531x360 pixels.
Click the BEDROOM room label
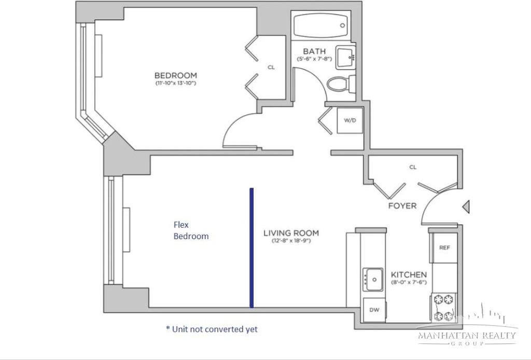pyautogui.click(x=176, y=75)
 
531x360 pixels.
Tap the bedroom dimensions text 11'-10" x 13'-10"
pyautogui.click(x=176, y=83)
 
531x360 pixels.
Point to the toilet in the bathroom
pyautogui.click(x=342, y=83)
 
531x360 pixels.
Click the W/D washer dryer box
pyautogui.click(x=350, y=120)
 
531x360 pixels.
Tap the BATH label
pyautogui.click(x=314, y=51)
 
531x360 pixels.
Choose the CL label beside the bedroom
pyautogui.click(x=271, y=67)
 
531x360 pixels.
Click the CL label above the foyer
pyautogui.click(x=413, y=167)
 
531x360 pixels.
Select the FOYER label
pyautogui.click(x=402, y=206)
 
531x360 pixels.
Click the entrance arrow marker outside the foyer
pyautogui.click(x=466, y=207)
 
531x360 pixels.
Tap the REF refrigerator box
pyautogui.click(x=444, y=248)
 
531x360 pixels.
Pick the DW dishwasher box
pyautogui.click(x=374, y=310)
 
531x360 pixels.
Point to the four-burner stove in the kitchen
pyautogui.click(x=444, y=307)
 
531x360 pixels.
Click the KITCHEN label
pyautogui.click(x=409, y=274)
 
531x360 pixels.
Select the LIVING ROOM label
pyautogui.click(x=290, y=233)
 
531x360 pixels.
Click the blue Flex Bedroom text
pyautogui.click(x=191, y=230)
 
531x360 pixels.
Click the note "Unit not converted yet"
pyautogui.click(x=212, y=329)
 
